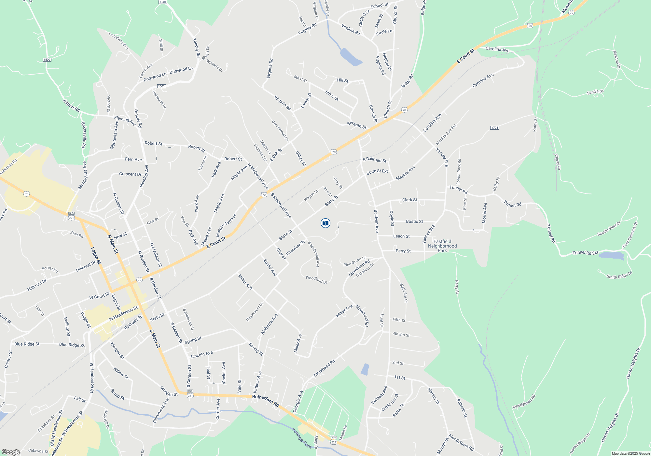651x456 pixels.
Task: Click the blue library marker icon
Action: (325, 223)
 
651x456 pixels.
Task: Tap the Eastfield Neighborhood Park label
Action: (442, 246)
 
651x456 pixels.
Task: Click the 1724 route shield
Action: (494, 128)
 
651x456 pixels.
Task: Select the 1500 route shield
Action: (47, 60)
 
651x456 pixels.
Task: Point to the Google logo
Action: (11, 452)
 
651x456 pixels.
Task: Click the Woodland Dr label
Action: (316, 279)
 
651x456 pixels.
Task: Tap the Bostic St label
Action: (414, 221)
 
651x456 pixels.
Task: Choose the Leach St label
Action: (401, 236)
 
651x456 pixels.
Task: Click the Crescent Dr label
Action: (130, 174)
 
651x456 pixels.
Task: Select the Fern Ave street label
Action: (133, 159)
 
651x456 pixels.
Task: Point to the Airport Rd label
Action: (71, 106)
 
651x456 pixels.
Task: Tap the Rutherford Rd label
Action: (266, 400)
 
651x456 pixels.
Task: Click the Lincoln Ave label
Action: (202, 355)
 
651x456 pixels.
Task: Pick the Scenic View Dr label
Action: (609, 229)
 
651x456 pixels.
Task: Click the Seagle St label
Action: (595, 92)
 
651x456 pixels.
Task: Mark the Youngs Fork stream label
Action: (301, 438)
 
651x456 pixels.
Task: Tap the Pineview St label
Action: (295, 248)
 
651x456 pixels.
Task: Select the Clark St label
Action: (409, 200)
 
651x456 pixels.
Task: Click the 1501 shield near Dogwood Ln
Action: (161, 86)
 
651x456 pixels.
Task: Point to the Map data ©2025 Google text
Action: (631, 453)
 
